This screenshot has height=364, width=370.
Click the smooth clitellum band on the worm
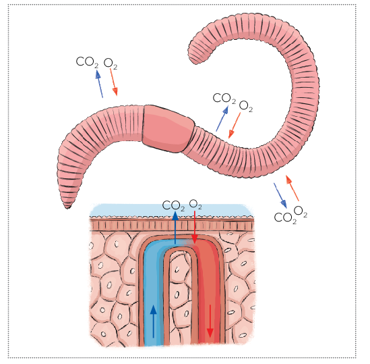(168, 129)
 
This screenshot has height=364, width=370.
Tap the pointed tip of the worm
(67, 208)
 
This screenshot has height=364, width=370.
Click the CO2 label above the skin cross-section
(173, 206)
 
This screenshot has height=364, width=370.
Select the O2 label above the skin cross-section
(195, 204)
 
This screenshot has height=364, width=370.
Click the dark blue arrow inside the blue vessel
(154, 321)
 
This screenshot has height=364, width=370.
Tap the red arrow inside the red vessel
(210, 321)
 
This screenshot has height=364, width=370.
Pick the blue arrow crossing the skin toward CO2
(175, 228)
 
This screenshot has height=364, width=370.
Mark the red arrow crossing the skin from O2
(195, 228)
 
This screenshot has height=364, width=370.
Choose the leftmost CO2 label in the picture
(87, 62)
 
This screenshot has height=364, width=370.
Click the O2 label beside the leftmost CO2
(111, 64)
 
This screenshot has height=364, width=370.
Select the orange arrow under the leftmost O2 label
(114, 82)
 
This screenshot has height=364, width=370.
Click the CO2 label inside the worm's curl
(224, 99)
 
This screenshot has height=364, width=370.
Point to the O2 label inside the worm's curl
(246, 107)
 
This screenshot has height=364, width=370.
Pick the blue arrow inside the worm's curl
(222, 118)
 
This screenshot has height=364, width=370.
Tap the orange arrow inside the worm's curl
(235, 126)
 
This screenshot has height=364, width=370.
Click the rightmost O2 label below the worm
(301, 211)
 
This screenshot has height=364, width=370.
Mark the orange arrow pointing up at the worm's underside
(292, 188)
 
